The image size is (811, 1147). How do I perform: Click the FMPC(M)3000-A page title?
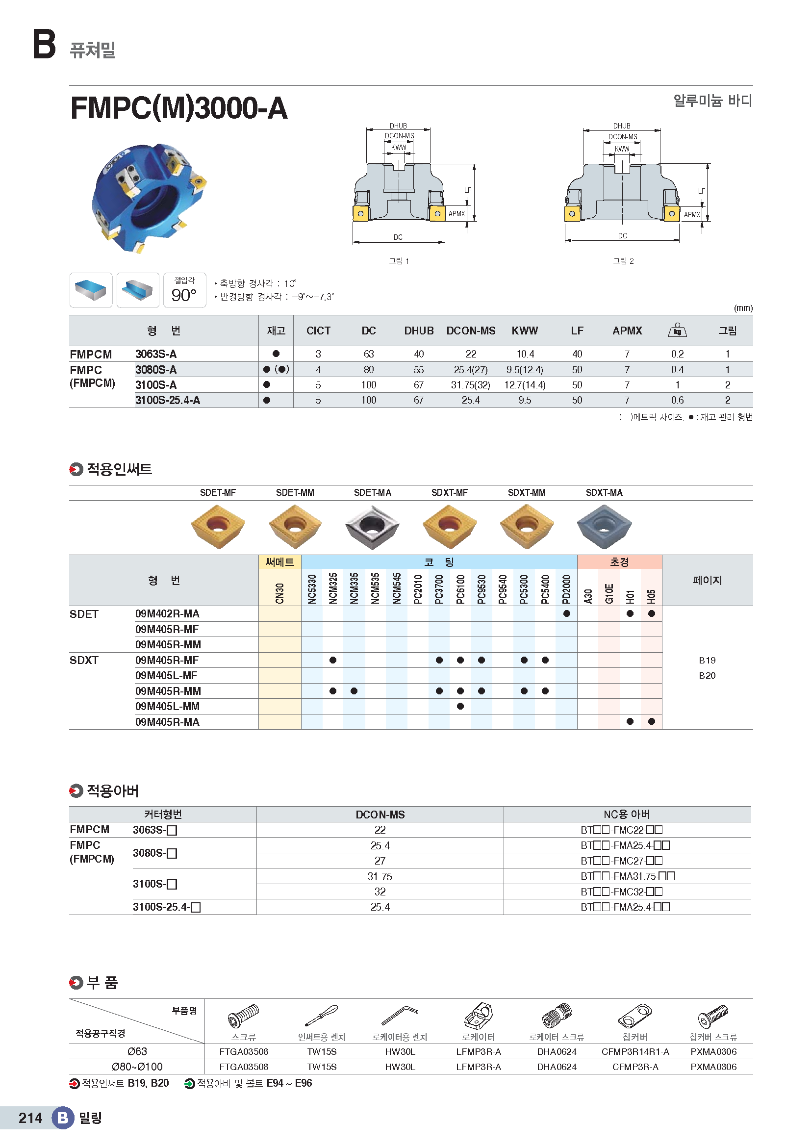coord(179,108)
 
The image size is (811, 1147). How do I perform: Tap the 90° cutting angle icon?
coord(184,290)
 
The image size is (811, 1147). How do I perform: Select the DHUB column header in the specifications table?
coord(418,331)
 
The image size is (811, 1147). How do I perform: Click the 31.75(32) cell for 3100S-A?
coord(470,385)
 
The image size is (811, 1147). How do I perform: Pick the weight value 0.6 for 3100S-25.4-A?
coord(677,400)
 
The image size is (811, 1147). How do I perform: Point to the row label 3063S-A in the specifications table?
coord(156,354)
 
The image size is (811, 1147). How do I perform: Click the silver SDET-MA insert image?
coord(372,526)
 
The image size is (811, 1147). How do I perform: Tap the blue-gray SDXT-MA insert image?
coord(604,526)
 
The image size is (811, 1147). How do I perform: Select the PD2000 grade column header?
coord(566,589)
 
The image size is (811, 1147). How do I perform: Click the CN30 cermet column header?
coord(279,593)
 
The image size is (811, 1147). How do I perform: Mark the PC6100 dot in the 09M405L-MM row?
coord(460,706)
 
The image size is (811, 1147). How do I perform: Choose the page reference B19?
coord(707,661)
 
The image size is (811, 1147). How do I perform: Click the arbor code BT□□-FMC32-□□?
coord(622,892)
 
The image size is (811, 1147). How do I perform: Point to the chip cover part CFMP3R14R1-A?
coord(635,1051)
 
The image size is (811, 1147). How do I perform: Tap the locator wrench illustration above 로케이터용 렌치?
coord(400,1016)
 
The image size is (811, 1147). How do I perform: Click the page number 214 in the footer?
coord(30,1118)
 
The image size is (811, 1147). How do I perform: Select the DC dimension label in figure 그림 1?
coord(398,237)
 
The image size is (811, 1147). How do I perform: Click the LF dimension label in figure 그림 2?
coord(701,191)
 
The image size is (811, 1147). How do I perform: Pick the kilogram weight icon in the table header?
coord(677,330)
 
